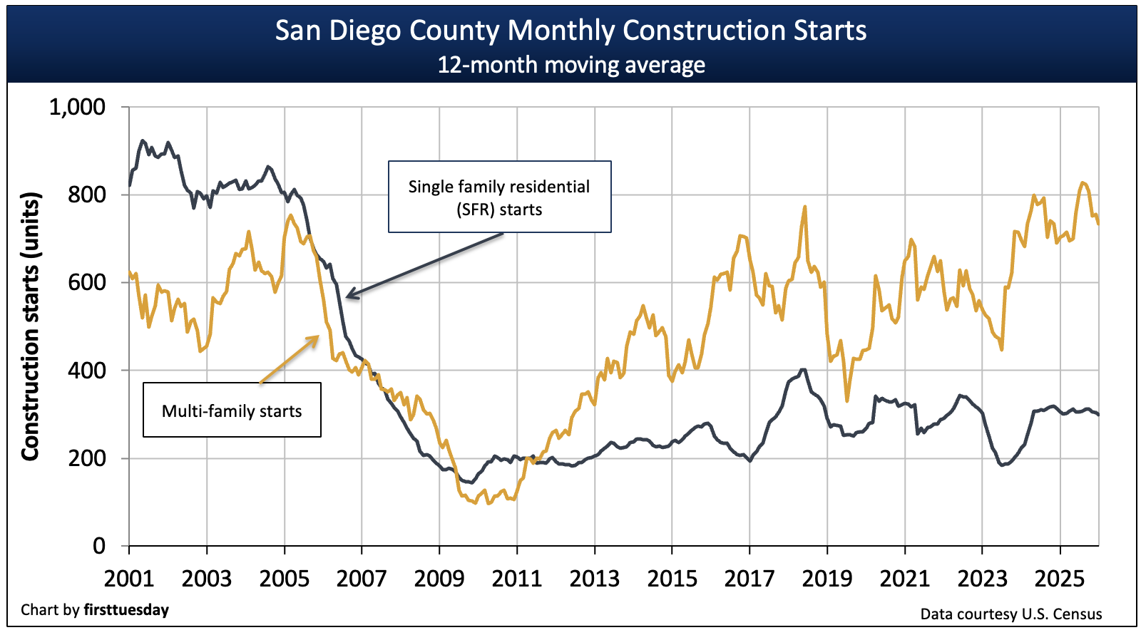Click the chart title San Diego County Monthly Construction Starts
point(570,31)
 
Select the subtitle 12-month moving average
point(570,65)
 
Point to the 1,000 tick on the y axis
point(77,108)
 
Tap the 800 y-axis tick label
point(86,195)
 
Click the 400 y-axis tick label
point(86,371)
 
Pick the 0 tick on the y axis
point(99,546)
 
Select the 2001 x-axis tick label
point(129,578)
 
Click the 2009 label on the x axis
point(439,578)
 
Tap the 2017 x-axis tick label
point(749,578)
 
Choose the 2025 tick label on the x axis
point(1060,578)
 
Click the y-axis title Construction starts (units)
point(30,326)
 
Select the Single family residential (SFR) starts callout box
point(499,197)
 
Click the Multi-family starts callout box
point(232,410)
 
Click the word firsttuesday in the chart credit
point(126,610)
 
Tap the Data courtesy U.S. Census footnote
point(1010,614)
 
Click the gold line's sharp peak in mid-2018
point(804,207)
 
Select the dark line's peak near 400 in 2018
point(803,369)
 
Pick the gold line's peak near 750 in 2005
point(290,215)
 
